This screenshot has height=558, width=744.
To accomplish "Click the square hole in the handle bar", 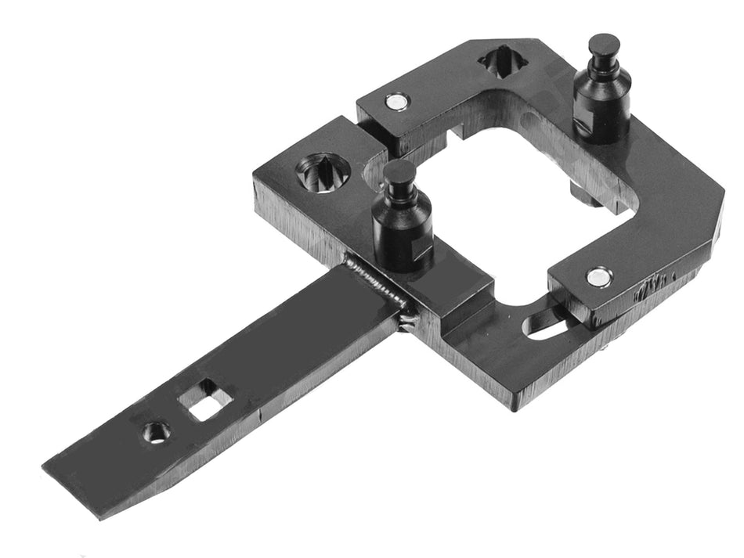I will (x=205, y=401).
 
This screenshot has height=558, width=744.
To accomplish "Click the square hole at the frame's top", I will (x=502, y=61).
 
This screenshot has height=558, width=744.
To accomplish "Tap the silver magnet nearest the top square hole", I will (x=397, y=102).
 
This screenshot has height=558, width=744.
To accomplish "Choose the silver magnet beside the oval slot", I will (x=599, y=275).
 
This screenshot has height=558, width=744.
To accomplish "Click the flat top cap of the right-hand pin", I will (x=604, y=42).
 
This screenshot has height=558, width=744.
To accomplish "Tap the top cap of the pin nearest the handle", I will (x=400, y=170).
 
